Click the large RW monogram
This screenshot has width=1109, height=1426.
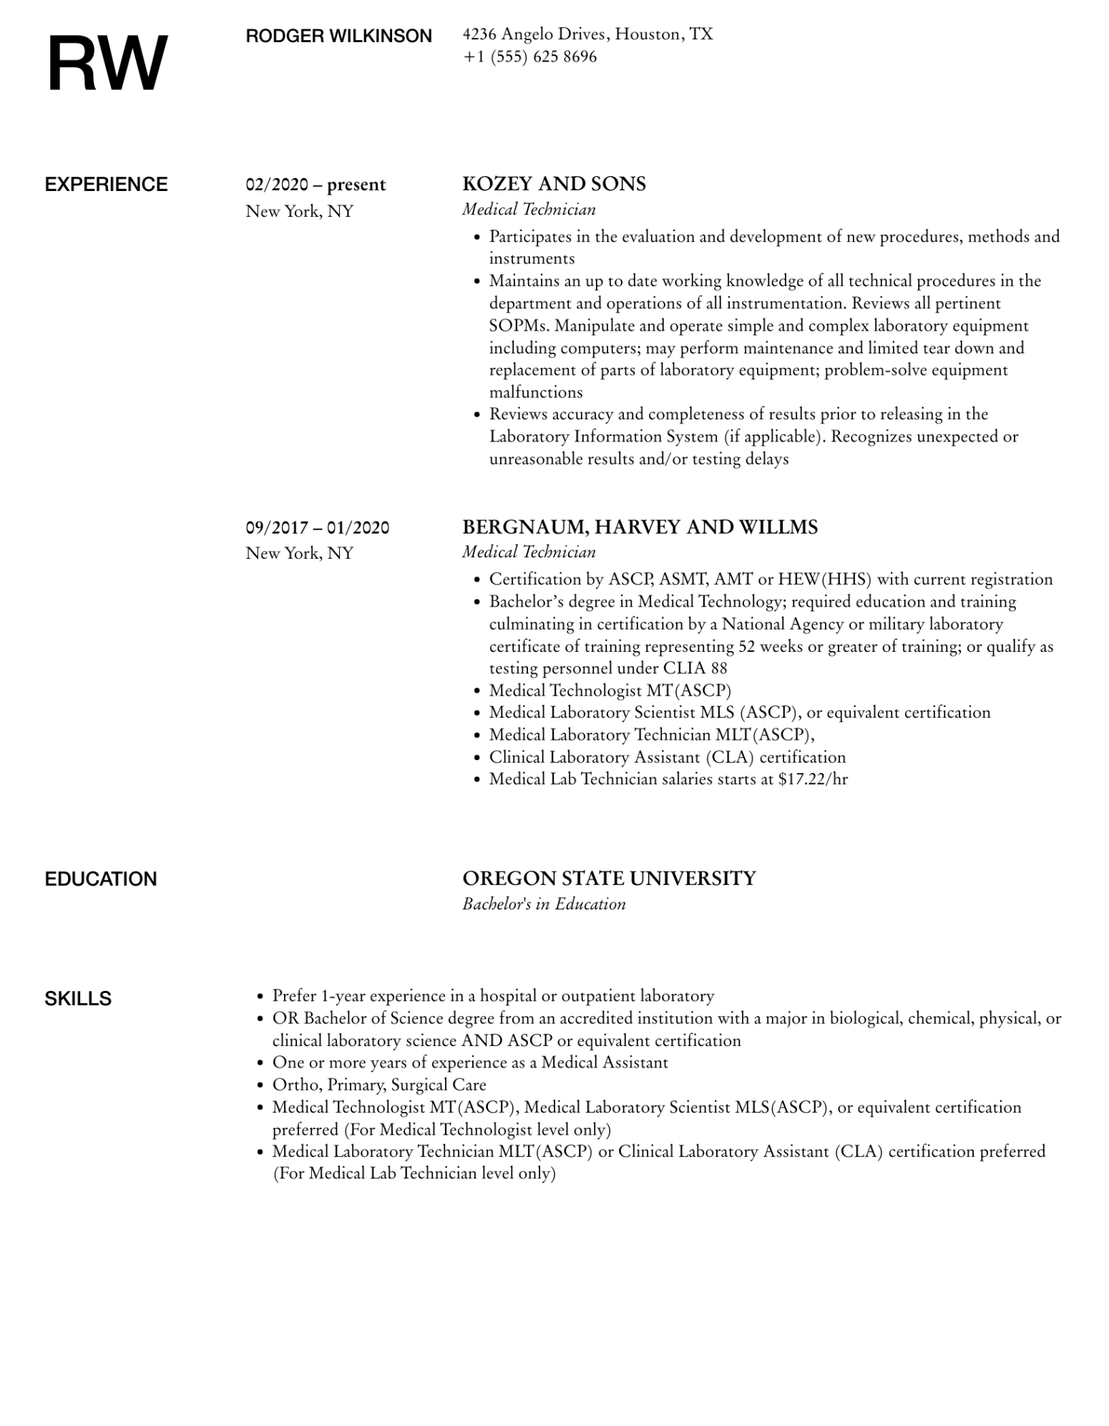click(107, 64)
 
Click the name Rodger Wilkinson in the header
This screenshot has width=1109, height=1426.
click(338, 36)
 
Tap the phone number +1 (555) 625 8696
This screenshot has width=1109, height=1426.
click(529, 57)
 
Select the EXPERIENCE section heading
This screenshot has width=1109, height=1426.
click(106, 185)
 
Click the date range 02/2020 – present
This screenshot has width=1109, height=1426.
click(316, 185)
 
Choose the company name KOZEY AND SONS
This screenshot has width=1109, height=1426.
click(554, 184)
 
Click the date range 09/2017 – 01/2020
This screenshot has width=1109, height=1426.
click(318, 528)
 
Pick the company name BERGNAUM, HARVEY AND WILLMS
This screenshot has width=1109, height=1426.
click(640, 527)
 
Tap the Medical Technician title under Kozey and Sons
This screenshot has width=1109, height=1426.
click(529, 210)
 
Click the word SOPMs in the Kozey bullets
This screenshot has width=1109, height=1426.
click(519, 326)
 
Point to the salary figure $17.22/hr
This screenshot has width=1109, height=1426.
click(813, 779)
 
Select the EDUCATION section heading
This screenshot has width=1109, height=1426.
click(100, 879)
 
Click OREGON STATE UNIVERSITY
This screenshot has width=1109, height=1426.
click(609, 879)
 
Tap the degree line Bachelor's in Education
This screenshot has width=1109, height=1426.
click(544, 904)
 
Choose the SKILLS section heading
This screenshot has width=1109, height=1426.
click(78, 999)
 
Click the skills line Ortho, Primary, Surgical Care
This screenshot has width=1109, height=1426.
click(379, 1085)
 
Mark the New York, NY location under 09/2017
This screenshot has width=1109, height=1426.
click(300, 553)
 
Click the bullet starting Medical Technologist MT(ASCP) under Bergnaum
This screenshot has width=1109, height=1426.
click(610, 690)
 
